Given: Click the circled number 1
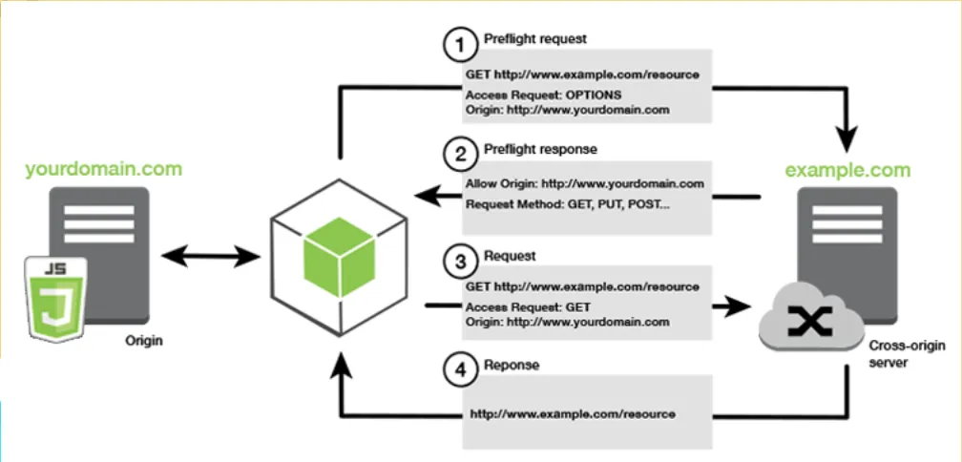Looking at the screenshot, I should (460, 43).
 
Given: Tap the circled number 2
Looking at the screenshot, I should (460, 151).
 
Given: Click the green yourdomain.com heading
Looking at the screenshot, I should (104, 170).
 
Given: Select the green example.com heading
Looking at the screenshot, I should (847, 171).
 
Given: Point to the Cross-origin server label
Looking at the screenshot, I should (898, 356).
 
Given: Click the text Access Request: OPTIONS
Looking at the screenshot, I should (543, 95).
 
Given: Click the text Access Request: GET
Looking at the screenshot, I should (529, 306).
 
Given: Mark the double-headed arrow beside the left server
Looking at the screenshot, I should (212, 255).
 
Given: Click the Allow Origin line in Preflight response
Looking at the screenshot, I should (585, 183).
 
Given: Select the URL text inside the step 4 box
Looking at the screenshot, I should (573, 414).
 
